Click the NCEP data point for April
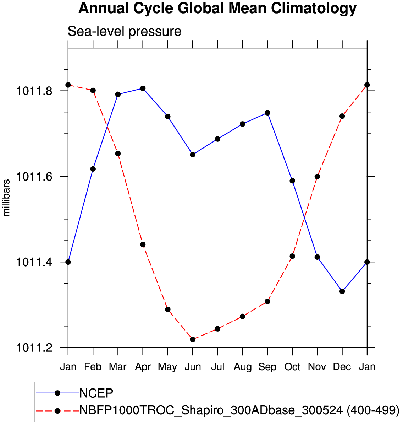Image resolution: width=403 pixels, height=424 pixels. tap(143, 88)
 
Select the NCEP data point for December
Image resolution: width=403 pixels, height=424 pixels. tap(342, 291)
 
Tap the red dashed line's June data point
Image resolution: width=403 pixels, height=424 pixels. tap(193, 339)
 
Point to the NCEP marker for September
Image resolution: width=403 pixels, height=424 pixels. tap(267, 113)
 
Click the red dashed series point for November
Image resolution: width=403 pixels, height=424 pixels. tap(317, 177)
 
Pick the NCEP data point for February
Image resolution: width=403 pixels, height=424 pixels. tap(93, 169)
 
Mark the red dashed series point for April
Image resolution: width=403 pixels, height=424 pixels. tap(143, 245)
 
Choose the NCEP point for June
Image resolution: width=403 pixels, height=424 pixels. tap(193, 155)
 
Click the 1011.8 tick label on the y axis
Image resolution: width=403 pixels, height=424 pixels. tap(34, 91)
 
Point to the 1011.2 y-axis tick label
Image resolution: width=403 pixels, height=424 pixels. tap(34, 348)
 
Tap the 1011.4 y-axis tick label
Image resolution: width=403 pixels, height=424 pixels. tap(34, 262)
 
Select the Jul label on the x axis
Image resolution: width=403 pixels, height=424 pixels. tap(217, 367)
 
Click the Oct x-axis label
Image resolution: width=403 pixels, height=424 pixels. tap(292, 367)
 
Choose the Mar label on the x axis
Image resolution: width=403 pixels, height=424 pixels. tap(118, 367)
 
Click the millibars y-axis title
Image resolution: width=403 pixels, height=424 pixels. tap(6, 198)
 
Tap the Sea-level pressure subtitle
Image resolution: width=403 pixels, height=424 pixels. tap(124, 32)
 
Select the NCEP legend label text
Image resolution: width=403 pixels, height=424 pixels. tap(96, 393)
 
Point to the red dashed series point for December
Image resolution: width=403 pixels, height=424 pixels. tap(342, 116)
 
